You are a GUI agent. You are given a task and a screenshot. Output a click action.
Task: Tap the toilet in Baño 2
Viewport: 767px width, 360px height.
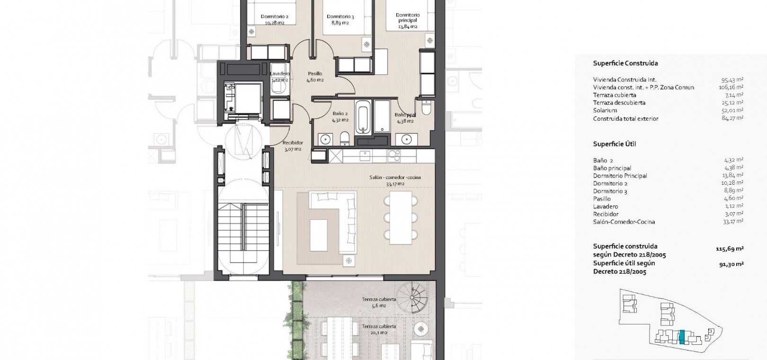pos(345,138)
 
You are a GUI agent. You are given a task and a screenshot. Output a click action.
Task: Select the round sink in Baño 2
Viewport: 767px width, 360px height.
pos(325,139)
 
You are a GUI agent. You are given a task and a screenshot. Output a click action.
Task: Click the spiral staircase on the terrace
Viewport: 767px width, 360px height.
pos(412,297)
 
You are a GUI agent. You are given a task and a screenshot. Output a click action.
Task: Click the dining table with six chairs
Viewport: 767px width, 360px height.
pos(401,217)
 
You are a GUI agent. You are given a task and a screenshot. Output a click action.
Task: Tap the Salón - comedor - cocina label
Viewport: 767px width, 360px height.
pos(395,178)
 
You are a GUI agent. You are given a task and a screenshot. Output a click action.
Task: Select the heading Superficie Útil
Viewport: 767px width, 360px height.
pos(614,144)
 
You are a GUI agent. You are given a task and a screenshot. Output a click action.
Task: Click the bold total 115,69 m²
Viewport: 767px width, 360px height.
pos(730,249)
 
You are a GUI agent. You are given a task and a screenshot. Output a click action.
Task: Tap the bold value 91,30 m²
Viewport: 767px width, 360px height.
pos(731,264)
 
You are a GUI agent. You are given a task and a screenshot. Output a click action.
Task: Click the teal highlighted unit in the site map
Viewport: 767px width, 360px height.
pos(682,337)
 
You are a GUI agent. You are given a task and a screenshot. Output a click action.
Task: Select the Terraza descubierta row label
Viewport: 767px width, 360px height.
pos(619,103)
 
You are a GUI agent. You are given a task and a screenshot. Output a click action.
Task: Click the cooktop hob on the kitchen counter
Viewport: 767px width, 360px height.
pos(394,156)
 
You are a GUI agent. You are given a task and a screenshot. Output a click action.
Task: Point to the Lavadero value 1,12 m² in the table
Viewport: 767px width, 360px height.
pos(734,206)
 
